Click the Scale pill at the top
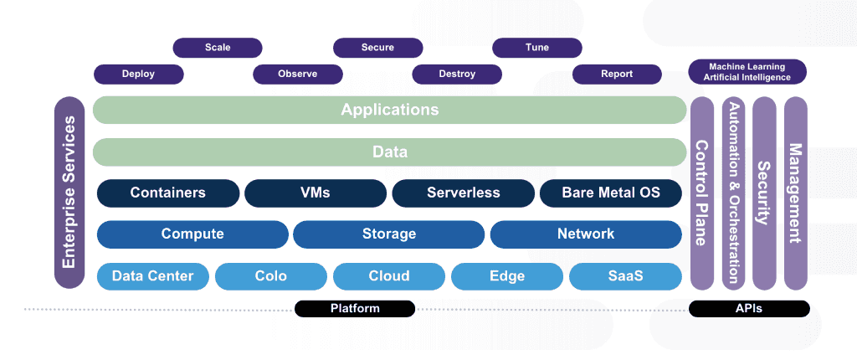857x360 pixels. click(x=218, y=48)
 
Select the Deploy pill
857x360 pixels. click(x=138, y=74)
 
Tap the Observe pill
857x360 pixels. click(x=298, y=74)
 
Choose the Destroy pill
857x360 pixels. click(x=457, y=74)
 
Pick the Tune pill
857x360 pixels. click(x=537, y=48)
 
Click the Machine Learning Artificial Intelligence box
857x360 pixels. click(x=747, y=72)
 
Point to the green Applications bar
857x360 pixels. click(x=390, y=110)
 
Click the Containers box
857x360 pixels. click(x=168, y=193)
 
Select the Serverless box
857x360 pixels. click(x=464, y=193)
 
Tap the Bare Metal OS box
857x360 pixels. click(x=611, y=193)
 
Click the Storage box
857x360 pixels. click(x=388, y=234)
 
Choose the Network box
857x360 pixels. click(x=586, y=234)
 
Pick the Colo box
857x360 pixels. click(x=271, y=276)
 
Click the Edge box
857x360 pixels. click(x=507, y=276)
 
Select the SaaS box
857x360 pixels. click(x=626, y=276)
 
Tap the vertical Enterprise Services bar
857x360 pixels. click(x=69, y=193)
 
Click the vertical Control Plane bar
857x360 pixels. click(x=702, y=193)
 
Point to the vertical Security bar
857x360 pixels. click(x=764, y=193)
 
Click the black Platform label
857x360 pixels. click(x=355, y=309)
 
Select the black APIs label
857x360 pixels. click(x=749, y=309)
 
